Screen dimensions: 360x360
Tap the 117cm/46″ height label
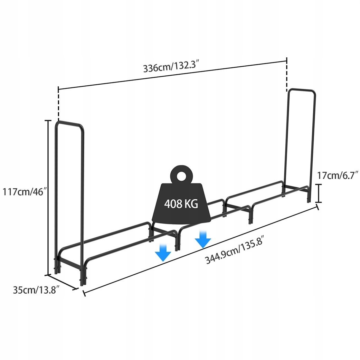(24, 191)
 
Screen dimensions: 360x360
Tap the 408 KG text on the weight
(181, 204)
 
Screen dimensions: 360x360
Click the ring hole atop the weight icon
(181, 176)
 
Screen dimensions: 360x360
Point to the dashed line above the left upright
(59, 105)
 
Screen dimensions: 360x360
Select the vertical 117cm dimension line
(47, 197)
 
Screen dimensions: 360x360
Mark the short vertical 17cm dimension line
(320, 193)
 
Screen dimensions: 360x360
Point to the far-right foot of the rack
(310, 198)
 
